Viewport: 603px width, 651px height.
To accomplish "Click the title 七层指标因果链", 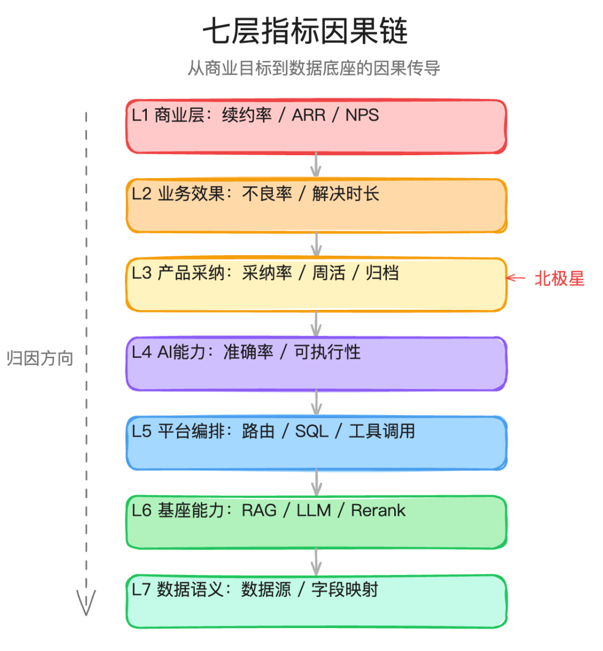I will click(x=305, y=31).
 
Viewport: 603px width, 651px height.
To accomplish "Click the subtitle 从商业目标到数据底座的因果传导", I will click(x=314, y=68).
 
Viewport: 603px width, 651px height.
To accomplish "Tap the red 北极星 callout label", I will click(x=559, y=279).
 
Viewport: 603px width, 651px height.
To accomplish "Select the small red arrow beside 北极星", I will click(x=515, y=278).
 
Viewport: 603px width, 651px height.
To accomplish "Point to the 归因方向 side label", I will click(x=40, y=358).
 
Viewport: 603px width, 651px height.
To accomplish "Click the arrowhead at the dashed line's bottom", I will click(x=86, y=604).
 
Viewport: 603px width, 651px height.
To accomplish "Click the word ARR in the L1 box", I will click(x=309, y=115).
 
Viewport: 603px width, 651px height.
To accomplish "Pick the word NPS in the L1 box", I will click(x=362, y=115).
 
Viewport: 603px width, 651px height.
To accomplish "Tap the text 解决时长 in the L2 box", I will click(x=346, y=194).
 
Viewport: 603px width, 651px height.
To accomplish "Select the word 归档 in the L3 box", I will click(x=382, y=273).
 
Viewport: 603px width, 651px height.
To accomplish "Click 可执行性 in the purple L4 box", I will click(x=327, y=352).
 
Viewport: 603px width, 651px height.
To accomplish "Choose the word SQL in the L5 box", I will click(x=312, y=431).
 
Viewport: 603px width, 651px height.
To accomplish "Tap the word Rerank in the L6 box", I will click(x=378, y=510).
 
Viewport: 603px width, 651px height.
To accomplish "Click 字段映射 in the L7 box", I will click(x=344, y=590).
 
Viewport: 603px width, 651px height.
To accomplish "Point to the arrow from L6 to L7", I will click(x=317, y=561).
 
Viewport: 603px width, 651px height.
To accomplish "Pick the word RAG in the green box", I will click(x=259, y=510).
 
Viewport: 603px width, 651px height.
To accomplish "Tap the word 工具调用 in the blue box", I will click(x=382, y=431).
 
